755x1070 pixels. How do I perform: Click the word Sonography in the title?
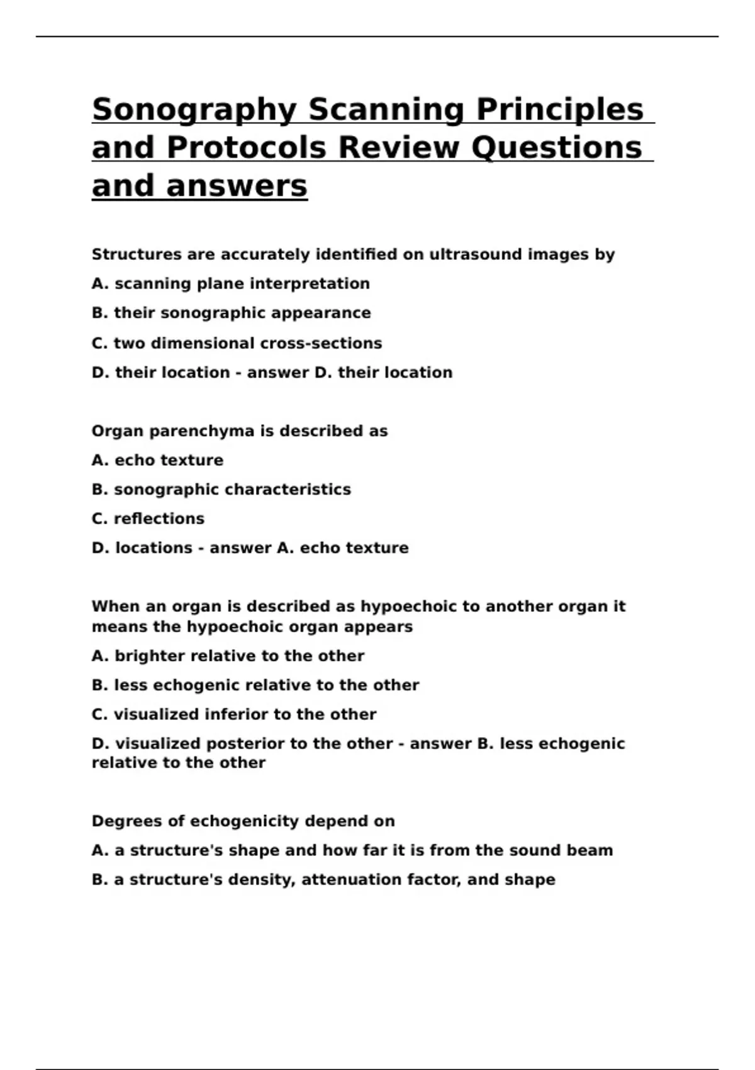click(x=194, y=110)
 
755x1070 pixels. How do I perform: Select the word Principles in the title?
click(x=559, y=110)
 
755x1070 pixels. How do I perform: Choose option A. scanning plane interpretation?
click(x=230, y=284)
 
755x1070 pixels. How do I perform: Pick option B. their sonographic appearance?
click(x=231, y=313)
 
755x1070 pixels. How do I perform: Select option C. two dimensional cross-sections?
click(x=237, y=343)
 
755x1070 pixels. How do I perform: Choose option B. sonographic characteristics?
click(x=221, y=489)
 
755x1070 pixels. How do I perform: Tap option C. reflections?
click(x=148, y=519)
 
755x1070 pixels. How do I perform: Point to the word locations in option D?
click(x=154, y=548)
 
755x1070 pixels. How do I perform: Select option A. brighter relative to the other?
click(x=228, y=656)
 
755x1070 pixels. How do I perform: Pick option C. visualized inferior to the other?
click(x=233, y=714)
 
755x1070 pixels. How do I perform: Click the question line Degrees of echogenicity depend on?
click(x=243, y=821)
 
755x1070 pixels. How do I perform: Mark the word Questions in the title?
click(x=556, y=148)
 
